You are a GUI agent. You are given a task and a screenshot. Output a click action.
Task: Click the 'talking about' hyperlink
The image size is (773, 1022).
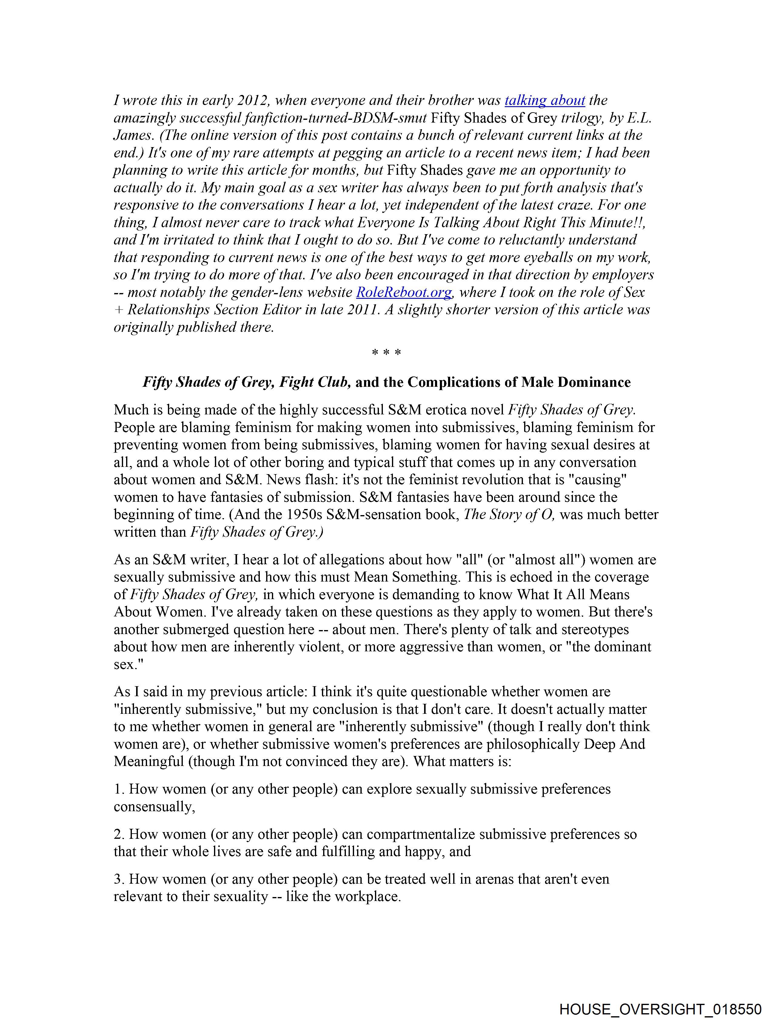(544, 101)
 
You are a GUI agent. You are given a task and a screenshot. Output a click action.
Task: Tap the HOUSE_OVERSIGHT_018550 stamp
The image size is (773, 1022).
(660, 1009)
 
